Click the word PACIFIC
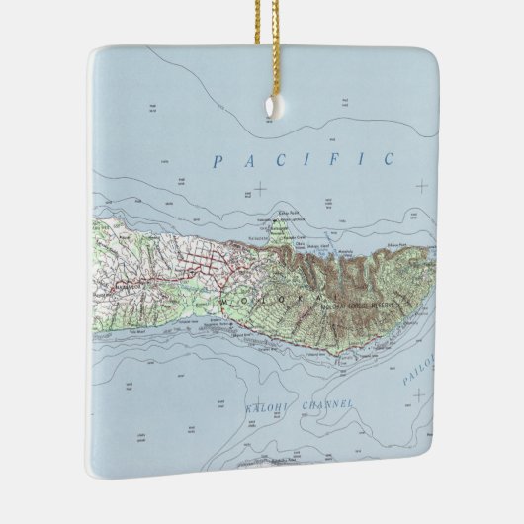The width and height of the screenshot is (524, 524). coord(304,158)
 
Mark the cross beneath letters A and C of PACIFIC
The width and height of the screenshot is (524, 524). coord(259,188)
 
